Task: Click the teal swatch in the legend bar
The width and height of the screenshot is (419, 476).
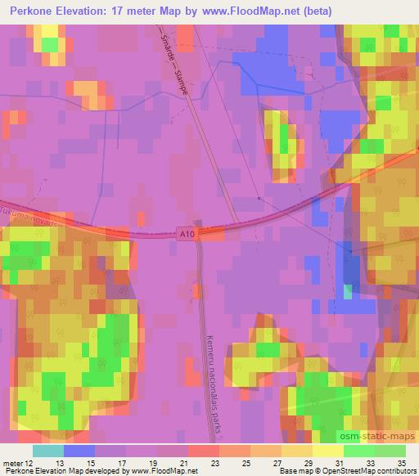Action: coord(48,451)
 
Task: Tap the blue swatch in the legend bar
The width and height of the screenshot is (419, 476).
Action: coord(79,451)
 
